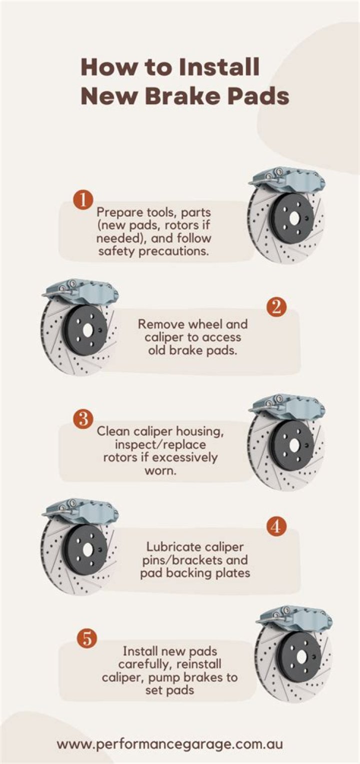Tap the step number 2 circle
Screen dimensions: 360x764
276,307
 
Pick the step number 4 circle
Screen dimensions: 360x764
276,526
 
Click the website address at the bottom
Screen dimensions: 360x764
170,744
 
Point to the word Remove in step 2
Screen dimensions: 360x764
159,324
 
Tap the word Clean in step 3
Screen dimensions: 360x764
113,431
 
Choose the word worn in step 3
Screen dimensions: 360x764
160,471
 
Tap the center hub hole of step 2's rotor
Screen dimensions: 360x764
87,330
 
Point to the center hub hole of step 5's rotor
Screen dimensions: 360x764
301,656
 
